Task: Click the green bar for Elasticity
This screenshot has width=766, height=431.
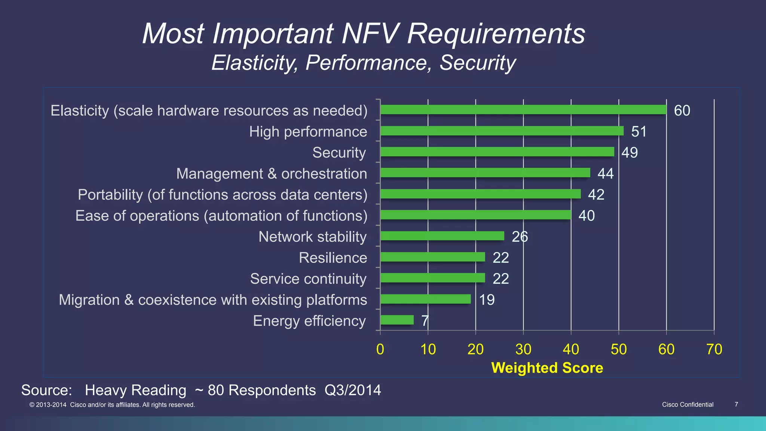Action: coord(523,110)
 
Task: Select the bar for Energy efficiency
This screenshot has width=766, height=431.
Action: coord(397,320)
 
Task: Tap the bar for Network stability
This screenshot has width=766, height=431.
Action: coord(442,236)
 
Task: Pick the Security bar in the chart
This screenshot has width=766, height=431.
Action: coord(497,152)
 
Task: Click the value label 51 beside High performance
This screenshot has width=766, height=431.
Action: coord(639,132)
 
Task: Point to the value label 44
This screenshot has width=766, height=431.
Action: coord(606,174)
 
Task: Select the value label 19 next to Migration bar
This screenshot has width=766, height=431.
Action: coord(487,300)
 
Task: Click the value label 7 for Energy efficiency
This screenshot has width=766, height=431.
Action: coord(425,321)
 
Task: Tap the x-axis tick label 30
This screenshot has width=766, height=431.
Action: coord(523,349)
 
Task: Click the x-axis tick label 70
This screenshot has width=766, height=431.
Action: coord(714,349)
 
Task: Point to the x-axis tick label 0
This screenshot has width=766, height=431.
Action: coord(380,349)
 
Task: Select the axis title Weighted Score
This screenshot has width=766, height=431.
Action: coord(547,368)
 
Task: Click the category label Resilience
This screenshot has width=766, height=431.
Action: coord(333,258)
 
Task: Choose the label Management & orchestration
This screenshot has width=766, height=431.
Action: coord(272,174)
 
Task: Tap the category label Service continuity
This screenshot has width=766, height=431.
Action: coord(308,279)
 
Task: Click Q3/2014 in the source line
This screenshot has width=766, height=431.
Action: coord(353,390)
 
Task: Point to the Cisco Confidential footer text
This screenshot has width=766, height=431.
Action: coord(687,404)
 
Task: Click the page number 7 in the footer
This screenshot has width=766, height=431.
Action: coord(736,404)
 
